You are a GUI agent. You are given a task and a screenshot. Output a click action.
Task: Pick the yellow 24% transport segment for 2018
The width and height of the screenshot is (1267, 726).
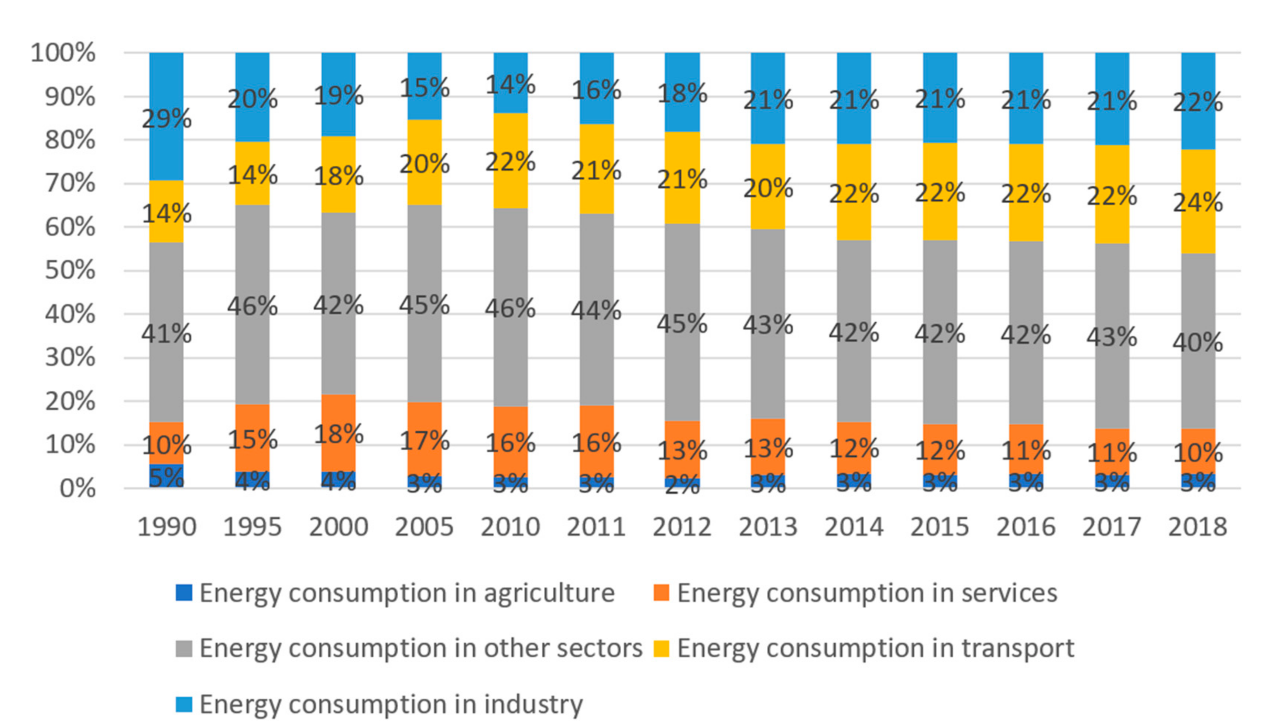tap(1198, 201)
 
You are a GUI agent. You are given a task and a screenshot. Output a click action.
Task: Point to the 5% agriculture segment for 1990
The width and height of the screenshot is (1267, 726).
tap(166, 477)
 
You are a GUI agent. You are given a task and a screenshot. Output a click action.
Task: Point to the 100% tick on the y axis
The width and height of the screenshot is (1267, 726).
tap(63, 53)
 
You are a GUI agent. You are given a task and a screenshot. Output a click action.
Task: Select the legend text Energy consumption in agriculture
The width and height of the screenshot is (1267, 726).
tap(407, 593)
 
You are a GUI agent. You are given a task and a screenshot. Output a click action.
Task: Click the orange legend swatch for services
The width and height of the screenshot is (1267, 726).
tap(661, 593)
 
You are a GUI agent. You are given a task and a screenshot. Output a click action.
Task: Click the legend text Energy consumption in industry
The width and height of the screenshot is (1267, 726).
tap(391, 705)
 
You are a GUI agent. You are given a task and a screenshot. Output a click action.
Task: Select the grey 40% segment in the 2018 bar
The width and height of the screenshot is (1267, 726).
tap(1198, 341)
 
